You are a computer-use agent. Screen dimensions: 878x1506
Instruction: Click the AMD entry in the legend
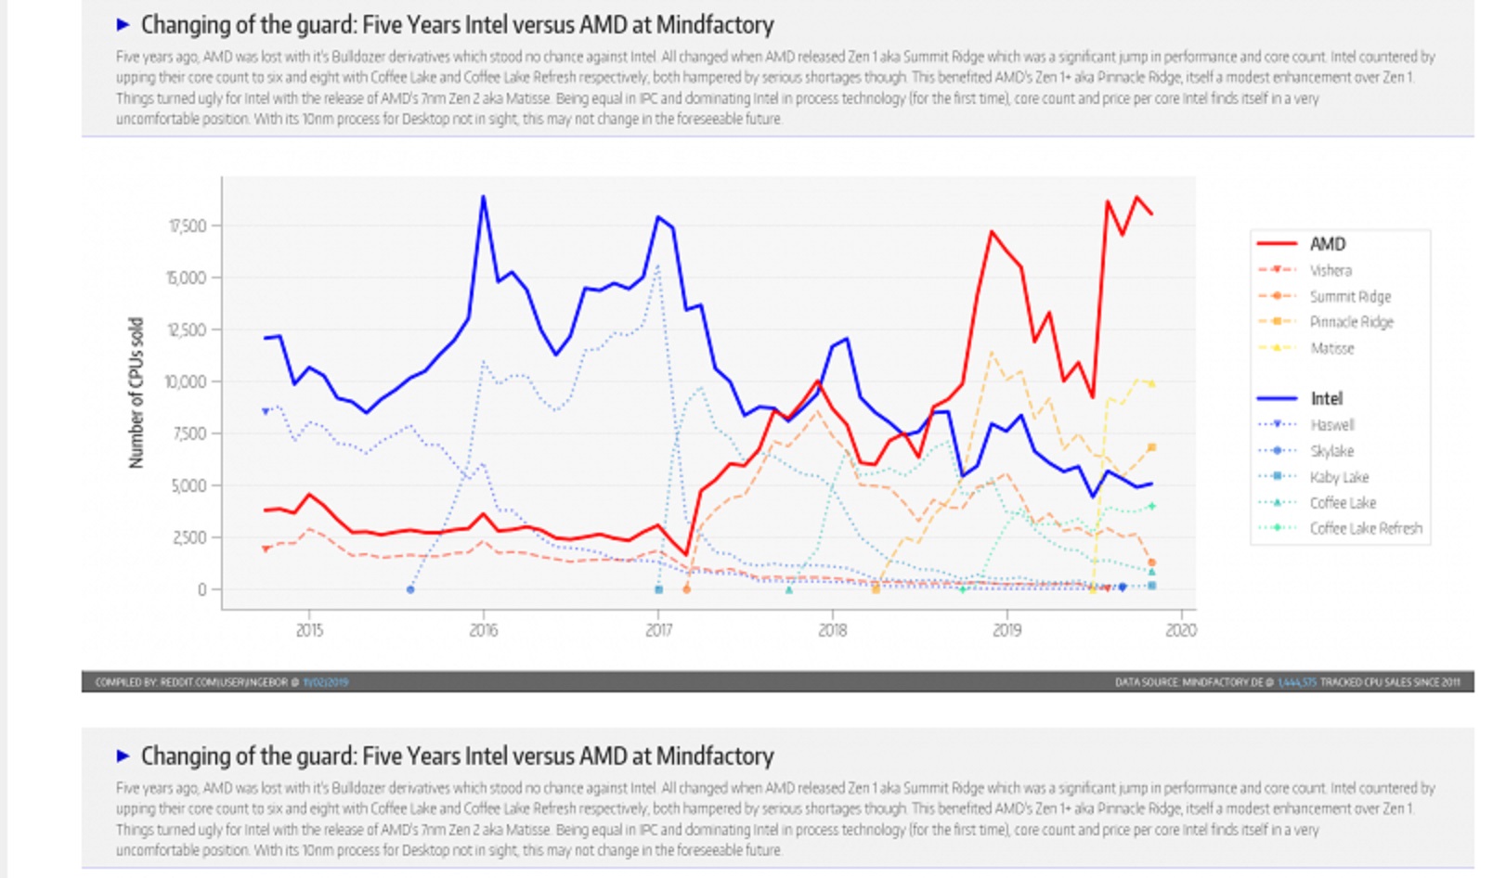[x=1327, y=244]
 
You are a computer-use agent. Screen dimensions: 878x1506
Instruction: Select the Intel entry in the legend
[x=1326, y=398]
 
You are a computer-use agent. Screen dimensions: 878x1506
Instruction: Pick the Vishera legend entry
[x=1330, y=270]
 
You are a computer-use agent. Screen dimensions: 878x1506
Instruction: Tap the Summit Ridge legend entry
[x=1349, y=296]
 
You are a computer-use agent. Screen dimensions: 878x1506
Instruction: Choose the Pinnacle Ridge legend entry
[x=1351, y=322]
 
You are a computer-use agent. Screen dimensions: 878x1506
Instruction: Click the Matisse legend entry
[x=1331, y=348]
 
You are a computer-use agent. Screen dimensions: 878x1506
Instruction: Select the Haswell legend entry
[x=1331, y=424]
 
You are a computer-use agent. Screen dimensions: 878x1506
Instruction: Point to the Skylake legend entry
[x=1331, y=451]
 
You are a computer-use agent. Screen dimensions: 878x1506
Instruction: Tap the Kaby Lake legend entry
[x=1339, y=477]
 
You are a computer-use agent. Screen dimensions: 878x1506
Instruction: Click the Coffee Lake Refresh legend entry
[x=1365, y=528]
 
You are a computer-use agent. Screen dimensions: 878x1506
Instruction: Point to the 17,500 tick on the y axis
[x=187, y=226]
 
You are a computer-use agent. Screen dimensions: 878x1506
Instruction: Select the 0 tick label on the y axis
[x=201, y=589]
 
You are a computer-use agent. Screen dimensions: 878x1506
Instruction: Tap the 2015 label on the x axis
[x=309, y=630]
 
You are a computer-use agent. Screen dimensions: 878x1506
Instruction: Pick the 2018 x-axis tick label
[x=832, y=630]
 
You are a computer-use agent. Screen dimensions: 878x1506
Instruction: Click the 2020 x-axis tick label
[x=1180, y=630]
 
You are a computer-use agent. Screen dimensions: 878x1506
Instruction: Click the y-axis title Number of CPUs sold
[x=136, y=393]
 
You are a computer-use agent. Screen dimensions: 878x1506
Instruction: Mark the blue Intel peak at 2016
[x=483, y=197]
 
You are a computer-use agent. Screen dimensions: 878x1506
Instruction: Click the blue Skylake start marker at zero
[x=410, y=589]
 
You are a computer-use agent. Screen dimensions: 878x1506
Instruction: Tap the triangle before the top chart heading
[x=123, y=25]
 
